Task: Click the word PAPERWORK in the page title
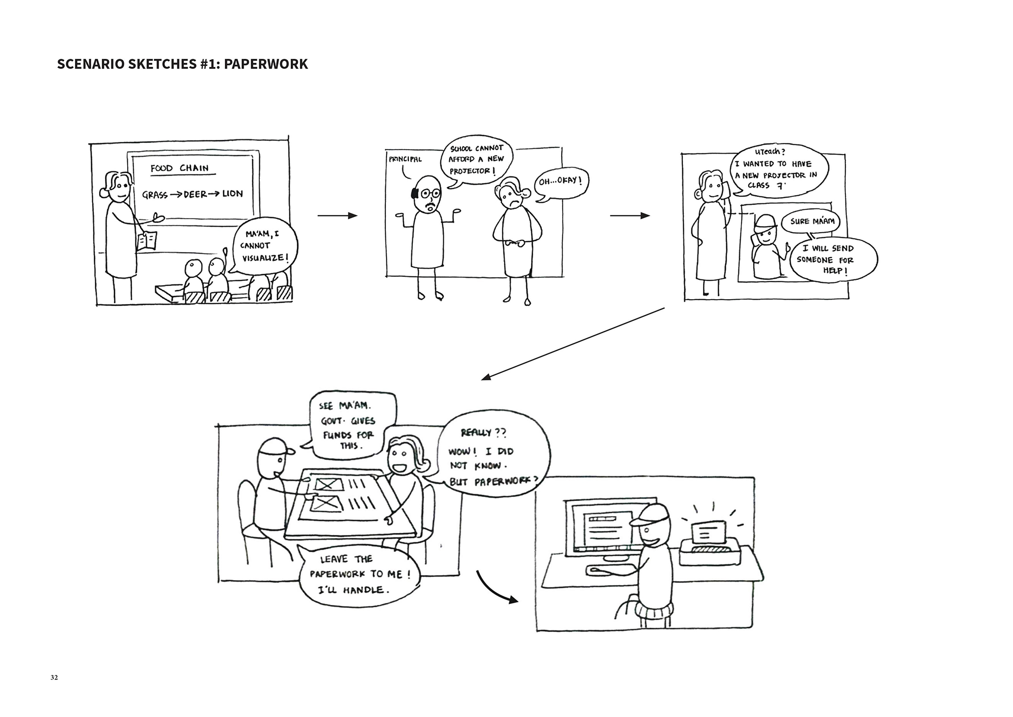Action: point(265,64)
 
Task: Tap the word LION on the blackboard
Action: point(232,194)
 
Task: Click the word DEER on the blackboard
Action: point(195,194)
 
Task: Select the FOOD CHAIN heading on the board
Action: point(179,168)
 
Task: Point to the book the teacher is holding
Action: point(147,241)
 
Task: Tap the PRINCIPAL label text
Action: point(405,159)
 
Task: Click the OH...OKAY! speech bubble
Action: point(561,182)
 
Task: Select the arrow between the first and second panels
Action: point(337,216)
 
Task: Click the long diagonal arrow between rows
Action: point(572,343)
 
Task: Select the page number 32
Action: point(54,677)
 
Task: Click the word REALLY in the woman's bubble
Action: point(476,433)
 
